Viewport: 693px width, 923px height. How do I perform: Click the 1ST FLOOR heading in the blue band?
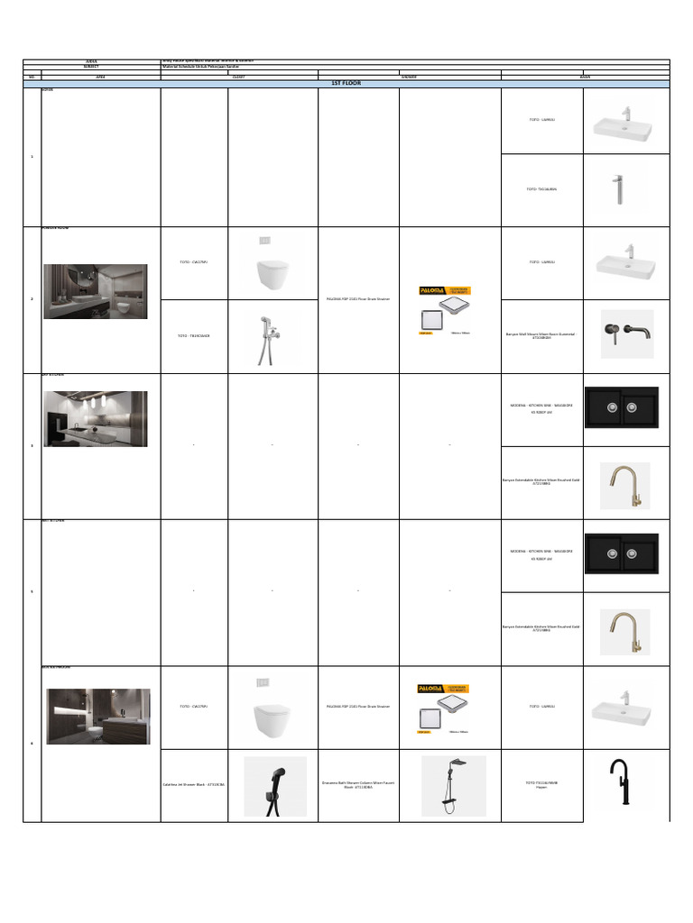tap(346, 84)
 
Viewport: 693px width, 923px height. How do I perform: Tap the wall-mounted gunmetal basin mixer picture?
tap(627, 334)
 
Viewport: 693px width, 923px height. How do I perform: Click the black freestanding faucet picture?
tap(620, 782)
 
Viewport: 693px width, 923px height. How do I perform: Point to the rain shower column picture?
tap(453, 786)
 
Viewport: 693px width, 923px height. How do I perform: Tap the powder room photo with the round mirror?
tap(95, 291)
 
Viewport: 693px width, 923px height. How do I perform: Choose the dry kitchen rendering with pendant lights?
tap(95, 418)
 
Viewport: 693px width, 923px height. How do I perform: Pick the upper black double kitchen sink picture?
tap(622, 407)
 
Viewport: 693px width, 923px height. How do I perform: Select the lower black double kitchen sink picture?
tap(622, 553)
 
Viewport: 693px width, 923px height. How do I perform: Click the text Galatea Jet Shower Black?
tap(194, 786)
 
